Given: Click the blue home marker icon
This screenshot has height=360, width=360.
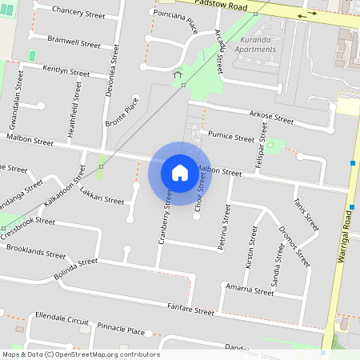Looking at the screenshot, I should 180,172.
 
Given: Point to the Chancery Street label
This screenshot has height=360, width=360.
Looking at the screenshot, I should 78,13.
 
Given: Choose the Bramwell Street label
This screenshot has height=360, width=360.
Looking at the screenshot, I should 74,42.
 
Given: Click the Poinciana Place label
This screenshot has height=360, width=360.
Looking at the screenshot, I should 174,22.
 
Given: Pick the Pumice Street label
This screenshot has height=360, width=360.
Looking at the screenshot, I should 230,138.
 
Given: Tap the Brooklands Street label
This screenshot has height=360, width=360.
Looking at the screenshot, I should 36,252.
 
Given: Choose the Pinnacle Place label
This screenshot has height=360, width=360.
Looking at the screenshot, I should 120,330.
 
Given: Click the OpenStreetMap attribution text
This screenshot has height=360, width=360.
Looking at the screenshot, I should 81,354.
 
